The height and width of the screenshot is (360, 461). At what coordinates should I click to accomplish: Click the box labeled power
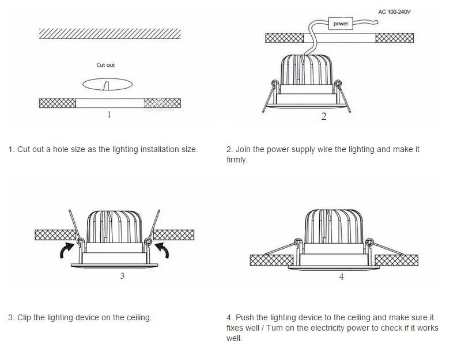click(341, 24)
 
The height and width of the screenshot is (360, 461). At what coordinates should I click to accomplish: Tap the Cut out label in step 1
click(105, 65)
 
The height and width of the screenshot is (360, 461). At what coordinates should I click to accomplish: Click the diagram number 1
click(109, 115)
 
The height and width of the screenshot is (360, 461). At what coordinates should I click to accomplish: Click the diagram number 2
click(324, 117)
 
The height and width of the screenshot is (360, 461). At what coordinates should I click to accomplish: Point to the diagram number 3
click(122, 276)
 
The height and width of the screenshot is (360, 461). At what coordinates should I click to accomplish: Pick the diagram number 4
click(341, 277)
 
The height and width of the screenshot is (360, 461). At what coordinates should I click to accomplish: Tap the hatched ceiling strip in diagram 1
click(110, 33)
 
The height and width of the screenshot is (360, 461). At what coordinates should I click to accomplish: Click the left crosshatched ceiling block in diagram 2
click(284, 38)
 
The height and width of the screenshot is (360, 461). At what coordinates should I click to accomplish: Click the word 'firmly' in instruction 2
click(236, 160)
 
